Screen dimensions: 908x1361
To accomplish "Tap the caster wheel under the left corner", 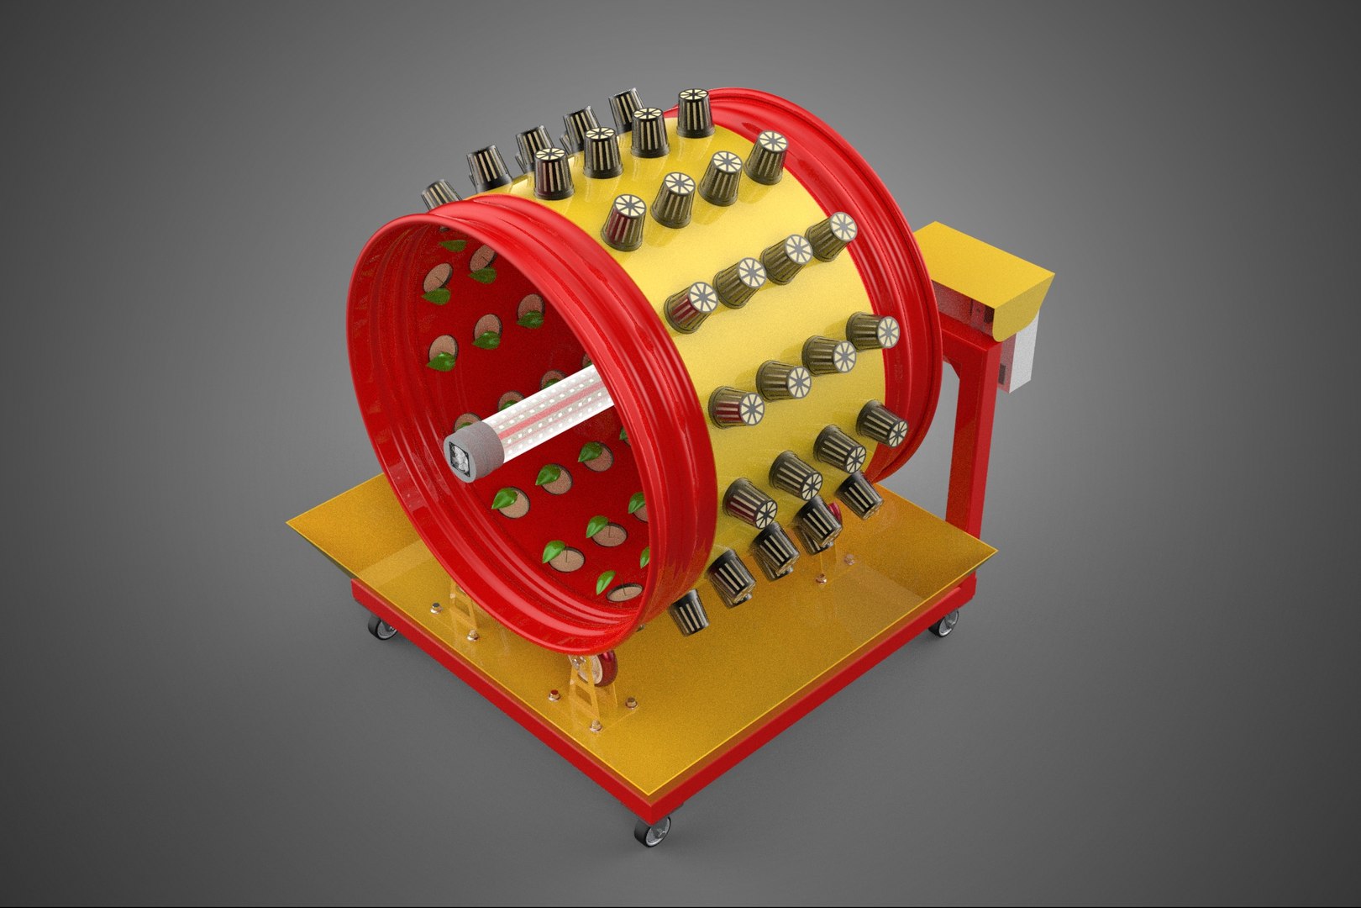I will pyautogui.click(x=380, y=626).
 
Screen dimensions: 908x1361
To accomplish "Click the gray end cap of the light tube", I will pyautogui.click(x=465, y=459).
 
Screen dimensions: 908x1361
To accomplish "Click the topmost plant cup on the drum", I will pyautogui.click(x=696, y=110).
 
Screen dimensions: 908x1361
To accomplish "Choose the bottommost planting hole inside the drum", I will pyautogui.click(x=624, y=591).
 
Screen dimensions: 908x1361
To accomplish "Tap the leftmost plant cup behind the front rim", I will pyautogui.click(x=439, y=198).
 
